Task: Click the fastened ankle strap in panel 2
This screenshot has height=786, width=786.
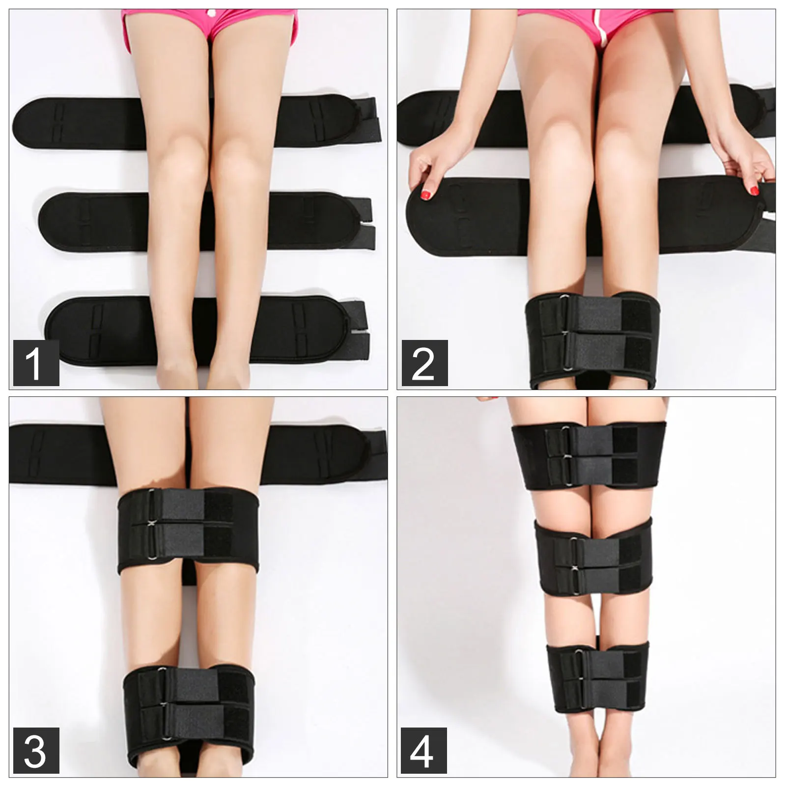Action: (x=594, y=339)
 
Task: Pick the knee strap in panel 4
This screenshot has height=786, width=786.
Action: (x=594, y=558)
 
